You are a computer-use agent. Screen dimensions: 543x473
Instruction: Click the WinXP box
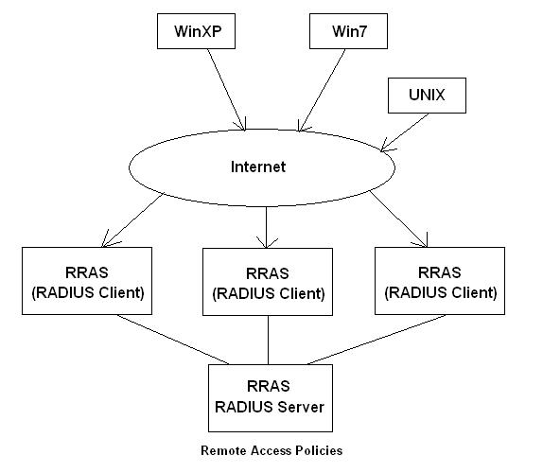pos(196,31)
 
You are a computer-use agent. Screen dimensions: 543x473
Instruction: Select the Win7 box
pos(348,31)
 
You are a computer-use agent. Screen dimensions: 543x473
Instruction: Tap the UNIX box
pos(427,96)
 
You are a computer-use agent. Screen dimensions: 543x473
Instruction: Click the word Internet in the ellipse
pos(258,166)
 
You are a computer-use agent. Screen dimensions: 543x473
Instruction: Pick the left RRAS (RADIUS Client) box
pos(87,281)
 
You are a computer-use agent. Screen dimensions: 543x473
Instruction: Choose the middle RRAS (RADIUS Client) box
pos(268,282)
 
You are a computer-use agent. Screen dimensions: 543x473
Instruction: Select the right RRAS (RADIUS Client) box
pos(440,281)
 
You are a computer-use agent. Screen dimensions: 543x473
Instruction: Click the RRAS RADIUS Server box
pos(271,398)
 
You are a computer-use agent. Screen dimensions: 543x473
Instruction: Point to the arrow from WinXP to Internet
pos(226,90)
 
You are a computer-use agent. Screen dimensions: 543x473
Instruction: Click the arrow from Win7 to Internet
pos(322,90)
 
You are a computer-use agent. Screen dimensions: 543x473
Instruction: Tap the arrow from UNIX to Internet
pos(405,132)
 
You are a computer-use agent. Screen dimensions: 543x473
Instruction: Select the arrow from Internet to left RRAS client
pos(132,220)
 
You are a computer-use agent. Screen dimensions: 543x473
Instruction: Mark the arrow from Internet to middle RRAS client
pos(267,227)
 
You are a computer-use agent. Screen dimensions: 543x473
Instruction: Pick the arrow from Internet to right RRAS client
pos(398,219)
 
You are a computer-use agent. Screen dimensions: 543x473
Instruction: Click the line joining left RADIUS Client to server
pos(172,340)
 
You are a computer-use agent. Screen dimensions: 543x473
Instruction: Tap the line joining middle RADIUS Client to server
pos(268,340)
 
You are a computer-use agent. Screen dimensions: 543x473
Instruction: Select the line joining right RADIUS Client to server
pos(377,340)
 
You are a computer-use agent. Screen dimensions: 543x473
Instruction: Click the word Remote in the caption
pos(223,450)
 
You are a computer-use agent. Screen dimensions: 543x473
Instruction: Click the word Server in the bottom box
pos(301,407)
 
